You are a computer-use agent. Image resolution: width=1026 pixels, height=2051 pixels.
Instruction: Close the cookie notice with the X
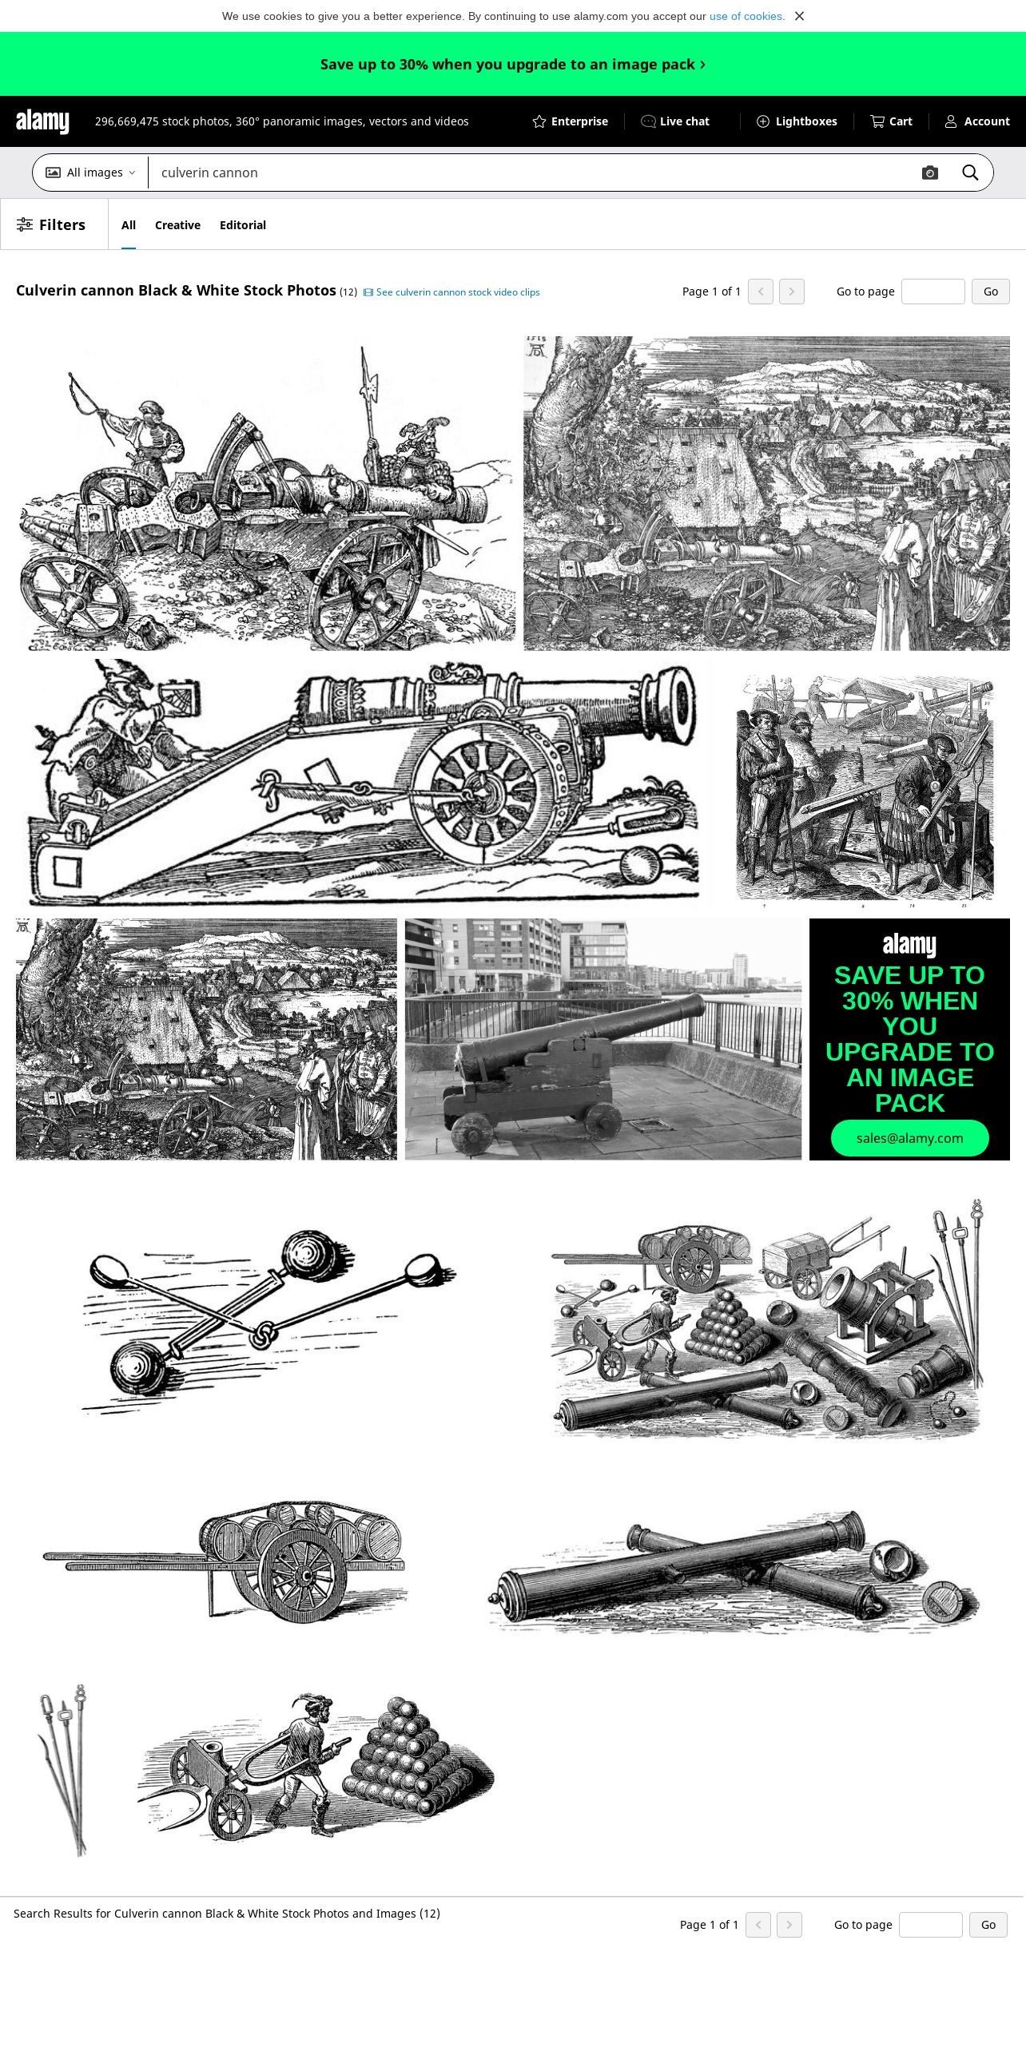pyautogui.click(x=799, y=16)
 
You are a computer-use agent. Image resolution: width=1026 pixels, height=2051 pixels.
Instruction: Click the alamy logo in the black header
pyautogui.click(x=42, y=121)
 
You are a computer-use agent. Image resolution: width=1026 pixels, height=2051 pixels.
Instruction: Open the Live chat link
pyautogui.click(x=675, y=121)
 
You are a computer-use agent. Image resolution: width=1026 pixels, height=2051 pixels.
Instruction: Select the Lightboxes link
pyautogui.click(x=797, y=121)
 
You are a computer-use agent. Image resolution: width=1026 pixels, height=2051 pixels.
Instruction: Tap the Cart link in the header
pyautogui.click(x=891, y=121)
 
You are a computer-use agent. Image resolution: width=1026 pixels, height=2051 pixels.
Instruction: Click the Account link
pyautogui.click(x=977, y=121)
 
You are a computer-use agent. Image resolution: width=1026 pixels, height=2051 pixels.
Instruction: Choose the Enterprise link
pyautogui.click(x=570, y=121)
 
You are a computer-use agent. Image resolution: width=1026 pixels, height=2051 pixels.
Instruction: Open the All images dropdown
pyautogui.click(x=90, y=173)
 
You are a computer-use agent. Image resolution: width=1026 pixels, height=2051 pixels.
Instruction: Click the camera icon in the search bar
pyautogui.click(x=930, y=173)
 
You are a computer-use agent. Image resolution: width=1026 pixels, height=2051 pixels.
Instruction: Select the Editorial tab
pyautogui.click(x=243, y=225)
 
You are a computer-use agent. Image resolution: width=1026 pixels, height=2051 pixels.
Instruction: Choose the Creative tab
pyautogui.click(x=177, y=225)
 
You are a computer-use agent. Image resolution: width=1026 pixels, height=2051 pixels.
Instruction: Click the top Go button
pyautogui.click(x=991, y=292)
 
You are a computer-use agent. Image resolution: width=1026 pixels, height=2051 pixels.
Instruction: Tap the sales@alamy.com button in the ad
pyautogui.click(x=910, y=1138)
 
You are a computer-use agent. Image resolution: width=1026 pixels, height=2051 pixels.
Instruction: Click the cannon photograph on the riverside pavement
pyautogui.click(x=603, y=1039)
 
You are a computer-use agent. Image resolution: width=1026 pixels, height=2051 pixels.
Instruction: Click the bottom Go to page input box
pyautogui.click(x=931, y=1925)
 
